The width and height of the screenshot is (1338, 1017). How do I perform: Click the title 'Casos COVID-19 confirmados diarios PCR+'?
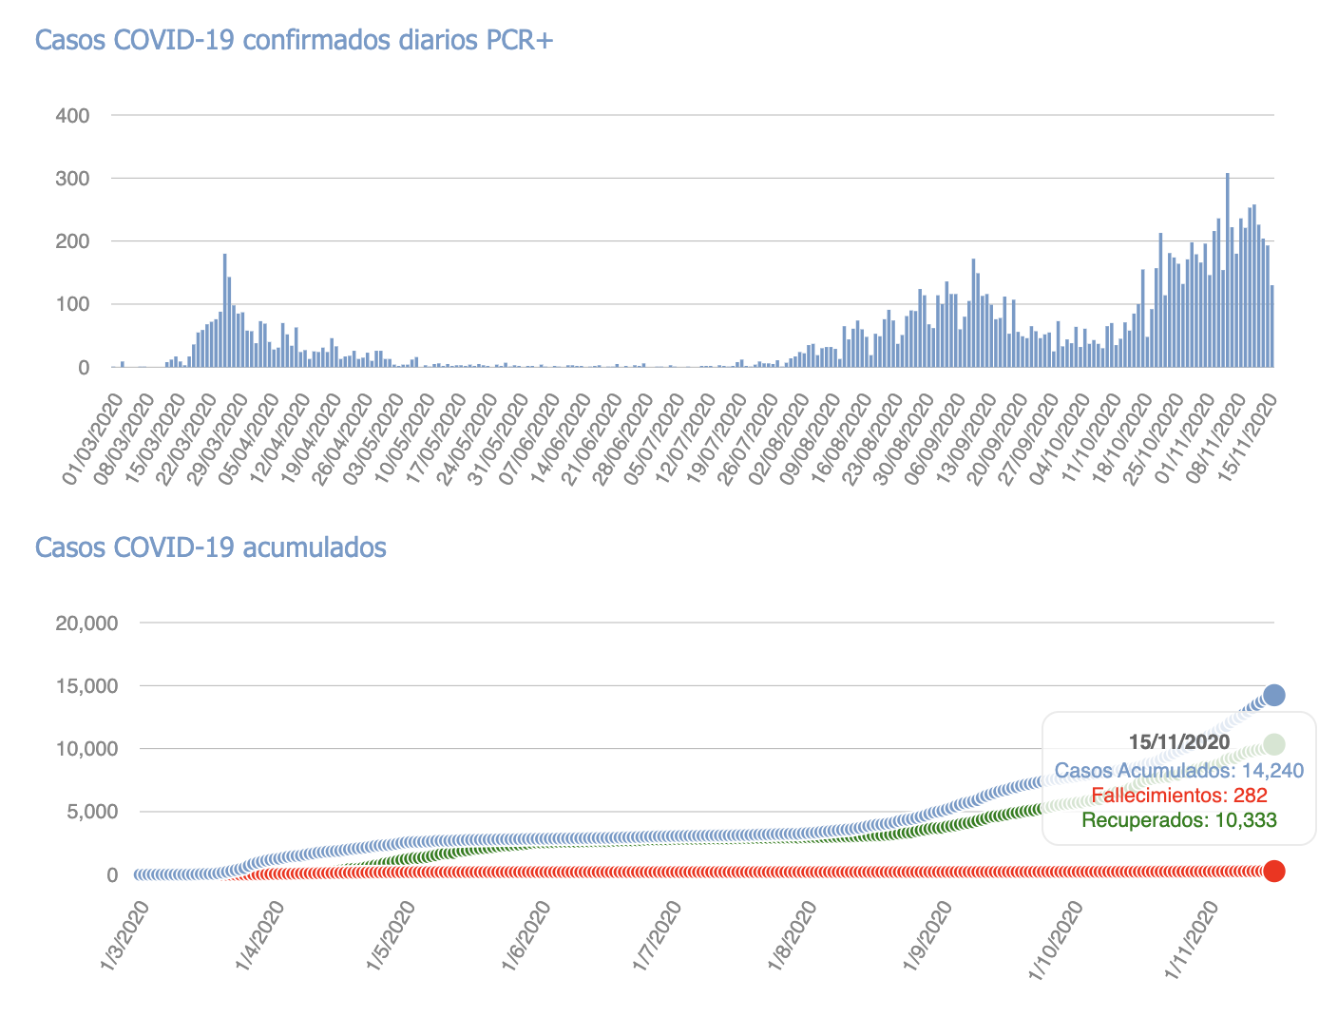(x=294, y=40)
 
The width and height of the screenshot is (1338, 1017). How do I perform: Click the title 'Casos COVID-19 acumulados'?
(x=210, y=547)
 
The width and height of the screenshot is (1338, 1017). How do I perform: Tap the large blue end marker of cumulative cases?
(x=1274, y=695)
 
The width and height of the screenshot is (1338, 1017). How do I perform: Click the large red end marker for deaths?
(x=1274, y=871)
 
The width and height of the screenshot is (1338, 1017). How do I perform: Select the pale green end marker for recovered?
(x=1274, y=744)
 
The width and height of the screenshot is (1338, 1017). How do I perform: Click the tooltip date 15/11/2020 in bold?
(x=1179, y=742)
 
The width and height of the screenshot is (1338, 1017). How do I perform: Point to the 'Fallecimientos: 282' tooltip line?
(x=1179, y=796)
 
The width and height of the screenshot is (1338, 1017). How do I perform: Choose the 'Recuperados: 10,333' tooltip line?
(x=1179, y=820)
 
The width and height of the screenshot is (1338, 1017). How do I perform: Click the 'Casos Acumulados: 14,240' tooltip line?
(x=1179, y=771)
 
